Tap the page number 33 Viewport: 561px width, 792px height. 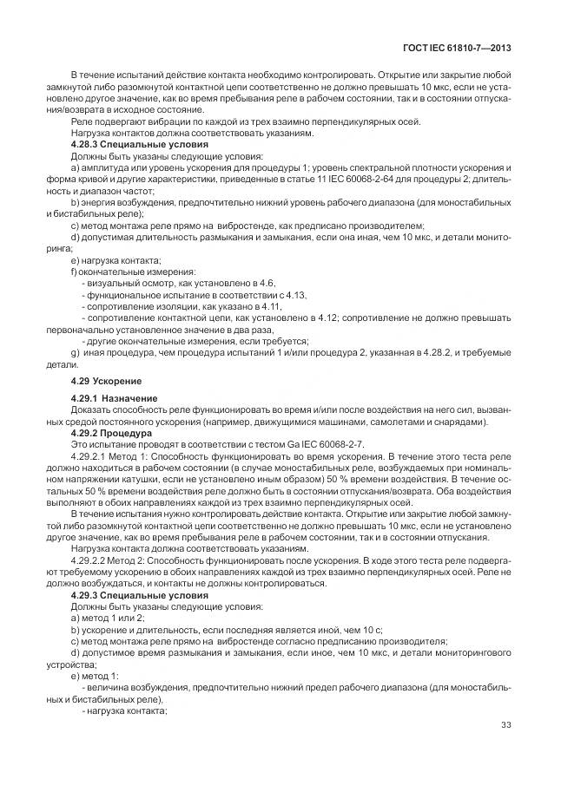[x=505, y=726]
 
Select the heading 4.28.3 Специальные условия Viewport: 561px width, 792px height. [x=128, y=144]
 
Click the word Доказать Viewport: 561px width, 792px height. [x=91, y=410]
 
